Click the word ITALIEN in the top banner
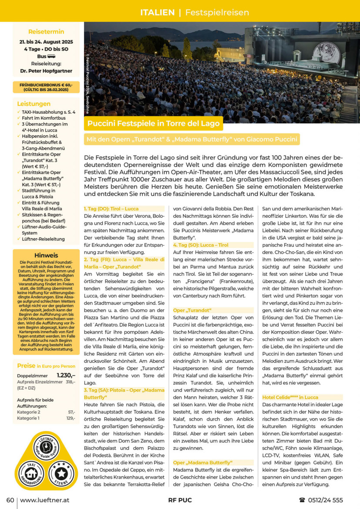[157, 13]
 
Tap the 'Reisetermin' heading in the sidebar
[46, 32]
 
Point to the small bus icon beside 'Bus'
[51, 56]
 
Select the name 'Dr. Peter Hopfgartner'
[46, 70]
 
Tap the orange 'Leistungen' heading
[34, 104]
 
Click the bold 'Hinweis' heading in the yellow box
[46, 255]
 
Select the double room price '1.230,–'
[66, 375]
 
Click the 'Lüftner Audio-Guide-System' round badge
[46, 448]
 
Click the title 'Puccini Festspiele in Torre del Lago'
[154, 124]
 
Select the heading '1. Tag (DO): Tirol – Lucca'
[111, 209]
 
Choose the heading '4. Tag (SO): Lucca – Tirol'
[201, 245]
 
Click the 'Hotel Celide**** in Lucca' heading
[290, 397]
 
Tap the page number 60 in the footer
[10, 500]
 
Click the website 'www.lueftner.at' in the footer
[44, 500]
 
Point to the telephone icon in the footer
[302, 500]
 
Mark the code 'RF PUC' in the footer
[180, 500]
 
